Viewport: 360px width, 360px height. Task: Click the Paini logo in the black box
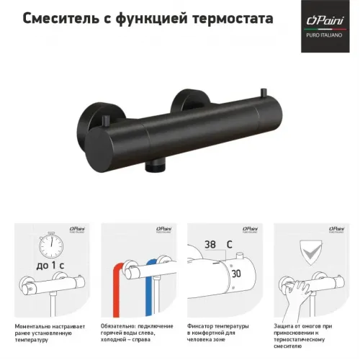click(318, 29)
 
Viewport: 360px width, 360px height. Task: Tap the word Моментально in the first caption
click(37, 325)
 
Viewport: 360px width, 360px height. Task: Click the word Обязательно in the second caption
click(121, 325)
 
